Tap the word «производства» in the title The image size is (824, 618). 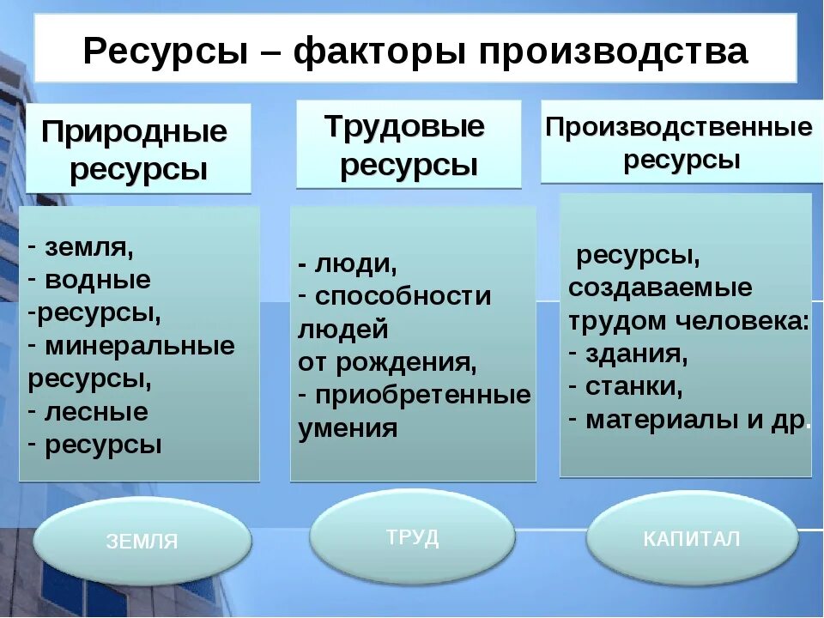[613, 51]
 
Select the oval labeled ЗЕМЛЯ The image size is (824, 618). [142, 542]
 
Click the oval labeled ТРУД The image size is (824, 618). [413, 538]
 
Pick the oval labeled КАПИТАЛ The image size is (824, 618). [692, 539]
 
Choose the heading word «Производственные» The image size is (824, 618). [679, 128]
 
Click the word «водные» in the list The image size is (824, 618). [97, 280]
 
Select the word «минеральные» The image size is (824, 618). [139, 346]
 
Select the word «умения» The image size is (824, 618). [348, 428]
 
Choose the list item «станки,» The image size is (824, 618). [634, 387]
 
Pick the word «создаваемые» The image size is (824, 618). [660, 288]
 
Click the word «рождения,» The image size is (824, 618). [407, 362]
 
